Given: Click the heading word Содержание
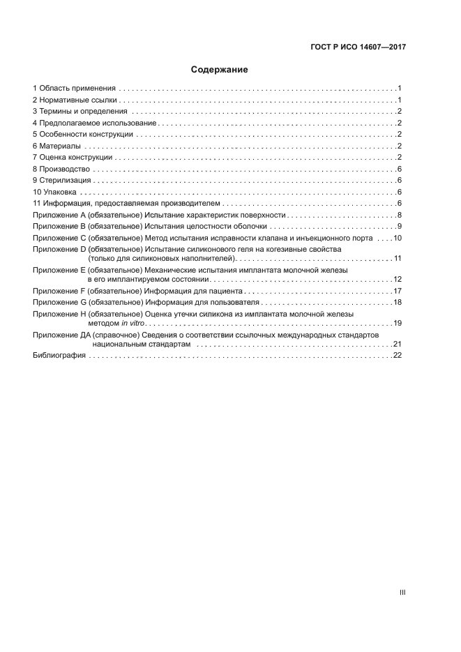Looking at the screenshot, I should point(219,70).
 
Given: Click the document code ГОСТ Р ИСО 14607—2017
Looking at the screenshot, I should point(358,47).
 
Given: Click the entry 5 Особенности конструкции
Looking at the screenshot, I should point(83,135).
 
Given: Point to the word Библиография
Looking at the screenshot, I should point(59,356).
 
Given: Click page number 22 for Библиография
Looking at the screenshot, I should point(398,356).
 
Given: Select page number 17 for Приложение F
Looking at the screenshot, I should point(398,291).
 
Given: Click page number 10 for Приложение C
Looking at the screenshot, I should point(398,238).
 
